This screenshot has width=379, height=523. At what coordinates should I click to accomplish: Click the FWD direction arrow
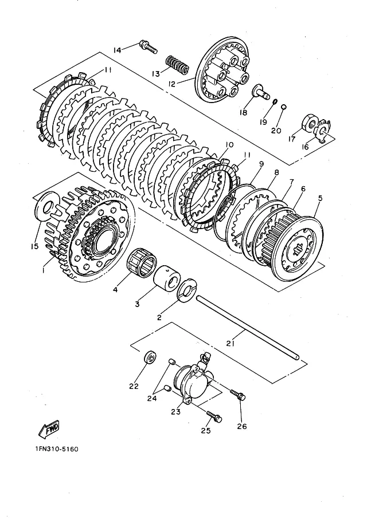[x=49, y=430]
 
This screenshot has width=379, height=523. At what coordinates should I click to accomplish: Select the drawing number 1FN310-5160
[x=56, y=449]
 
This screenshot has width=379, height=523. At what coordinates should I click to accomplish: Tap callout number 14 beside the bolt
[x=117, y=50]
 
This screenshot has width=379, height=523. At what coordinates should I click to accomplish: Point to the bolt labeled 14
[x=147, y=47]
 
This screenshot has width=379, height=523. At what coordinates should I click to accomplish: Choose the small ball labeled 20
[x=283, y=107]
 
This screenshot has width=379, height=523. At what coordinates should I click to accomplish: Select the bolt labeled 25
[x=214, y=416]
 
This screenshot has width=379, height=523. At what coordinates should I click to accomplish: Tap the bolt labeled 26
[x=238, y=395]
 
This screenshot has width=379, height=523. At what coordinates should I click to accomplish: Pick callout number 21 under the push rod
[x=230, y=343]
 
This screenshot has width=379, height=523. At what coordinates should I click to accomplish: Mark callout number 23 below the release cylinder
[x=175, y=412]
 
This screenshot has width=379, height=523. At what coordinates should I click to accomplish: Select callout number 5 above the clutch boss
[x=321, y=198]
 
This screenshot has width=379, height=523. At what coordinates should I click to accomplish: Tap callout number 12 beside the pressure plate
[x=171, y=84]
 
